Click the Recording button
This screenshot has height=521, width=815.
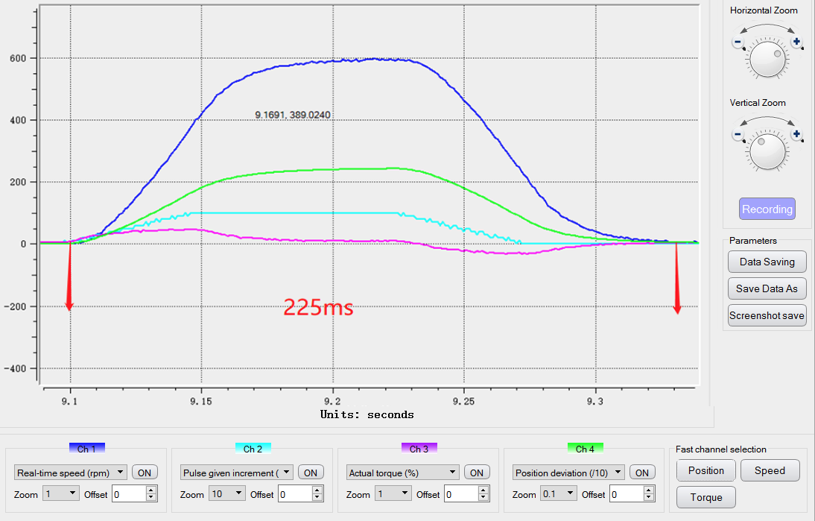tap(767, 209)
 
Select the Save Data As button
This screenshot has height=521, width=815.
tap(767, 288)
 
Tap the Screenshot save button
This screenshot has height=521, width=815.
tap(767, 315)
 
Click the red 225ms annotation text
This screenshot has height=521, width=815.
tap(318, 307)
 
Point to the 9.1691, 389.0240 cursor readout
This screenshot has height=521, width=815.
tap(293, 115)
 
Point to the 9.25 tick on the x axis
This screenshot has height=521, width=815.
tap(463, 401)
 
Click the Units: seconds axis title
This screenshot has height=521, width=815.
tap(367, 414)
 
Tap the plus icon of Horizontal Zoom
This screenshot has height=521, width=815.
tap(796, 42)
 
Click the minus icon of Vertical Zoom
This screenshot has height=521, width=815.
tap(738, 135)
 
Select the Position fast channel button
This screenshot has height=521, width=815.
tap(705, 470)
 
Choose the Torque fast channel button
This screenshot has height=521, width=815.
tap(705, 497)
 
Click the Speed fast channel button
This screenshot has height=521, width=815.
tap(770, 470)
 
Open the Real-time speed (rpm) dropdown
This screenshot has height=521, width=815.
tap(71, 472)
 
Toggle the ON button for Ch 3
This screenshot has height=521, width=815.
tap(477, 472)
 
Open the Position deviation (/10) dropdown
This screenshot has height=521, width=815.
tap(568, 472)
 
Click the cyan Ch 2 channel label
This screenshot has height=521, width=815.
tap(253, 449)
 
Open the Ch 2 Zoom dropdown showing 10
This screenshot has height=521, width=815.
tap(226, 493)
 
